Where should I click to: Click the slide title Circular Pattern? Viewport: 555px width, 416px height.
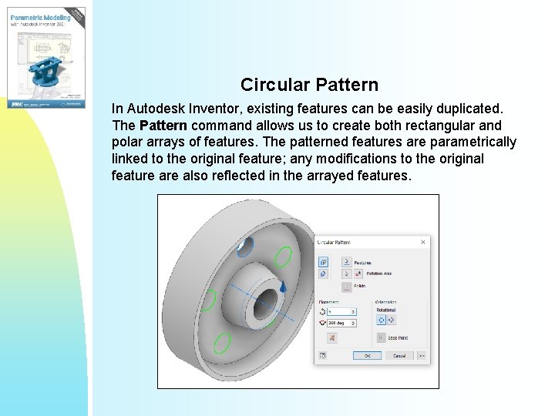tap(309, 84)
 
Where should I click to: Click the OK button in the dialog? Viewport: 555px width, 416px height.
tap(367, 356)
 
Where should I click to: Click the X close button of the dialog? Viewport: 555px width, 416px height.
tap(422, 242)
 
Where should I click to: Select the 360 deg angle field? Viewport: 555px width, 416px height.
tap(341, 324)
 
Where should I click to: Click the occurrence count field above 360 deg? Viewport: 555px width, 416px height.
tap(341, 312)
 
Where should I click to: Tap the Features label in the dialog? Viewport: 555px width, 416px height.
tap(363, 262)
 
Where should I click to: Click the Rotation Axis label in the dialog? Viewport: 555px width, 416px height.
tap(368, 273)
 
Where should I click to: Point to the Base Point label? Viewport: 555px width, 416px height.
tap(398, 337)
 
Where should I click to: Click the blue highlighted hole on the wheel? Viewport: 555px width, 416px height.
tap(244, 247)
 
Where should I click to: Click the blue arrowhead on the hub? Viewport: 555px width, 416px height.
tap(283, 287)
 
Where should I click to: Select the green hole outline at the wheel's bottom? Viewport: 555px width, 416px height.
tap(222, 342)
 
